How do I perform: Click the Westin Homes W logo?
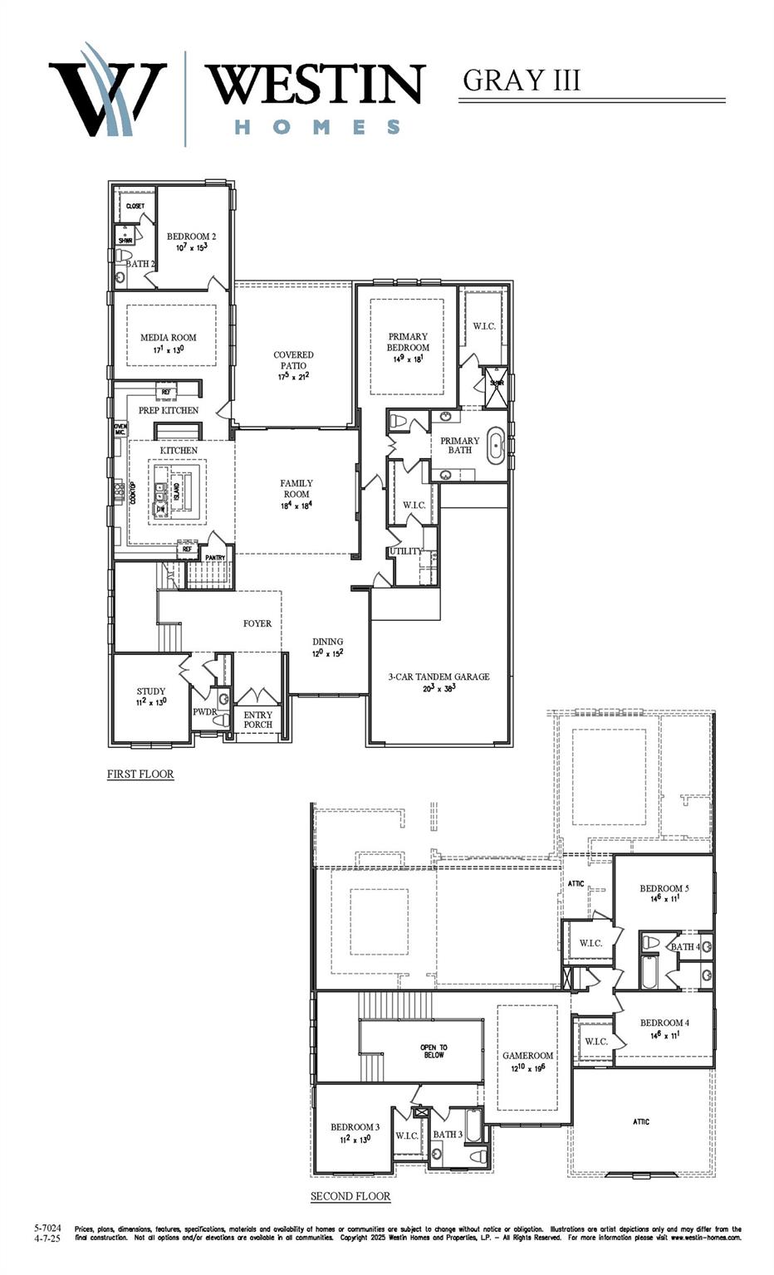[106, 93]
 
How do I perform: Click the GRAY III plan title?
[521, 81]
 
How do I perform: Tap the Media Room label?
[169, 338]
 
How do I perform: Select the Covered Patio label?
[293, 360]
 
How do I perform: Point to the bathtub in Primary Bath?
[496, 446]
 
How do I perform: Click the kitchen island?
[175, 492]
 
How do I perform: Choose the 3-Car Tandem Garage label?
[438, 677]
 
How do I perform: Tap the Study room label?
[151, 691]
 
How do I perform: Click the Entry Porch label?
[258, 720]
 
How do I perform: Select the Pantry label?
[215, 558]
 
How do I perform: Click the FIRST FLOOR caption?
[140, 774]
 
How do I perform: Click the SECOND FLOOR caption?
[350, 1196]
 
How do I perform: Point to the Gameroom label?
[527, 1056]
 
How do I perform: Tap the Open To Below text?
[434, 1052]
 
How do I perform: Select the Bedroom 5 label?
[664, 888]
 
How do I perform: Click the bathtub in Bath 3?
[473, 1129]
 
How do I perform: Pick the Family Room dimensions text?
[296, 506]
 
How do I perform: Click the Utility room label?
[406, 551]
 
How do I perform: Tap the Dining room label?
[328, 642]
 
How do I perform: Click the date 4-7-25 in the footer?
[47, 1238]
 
